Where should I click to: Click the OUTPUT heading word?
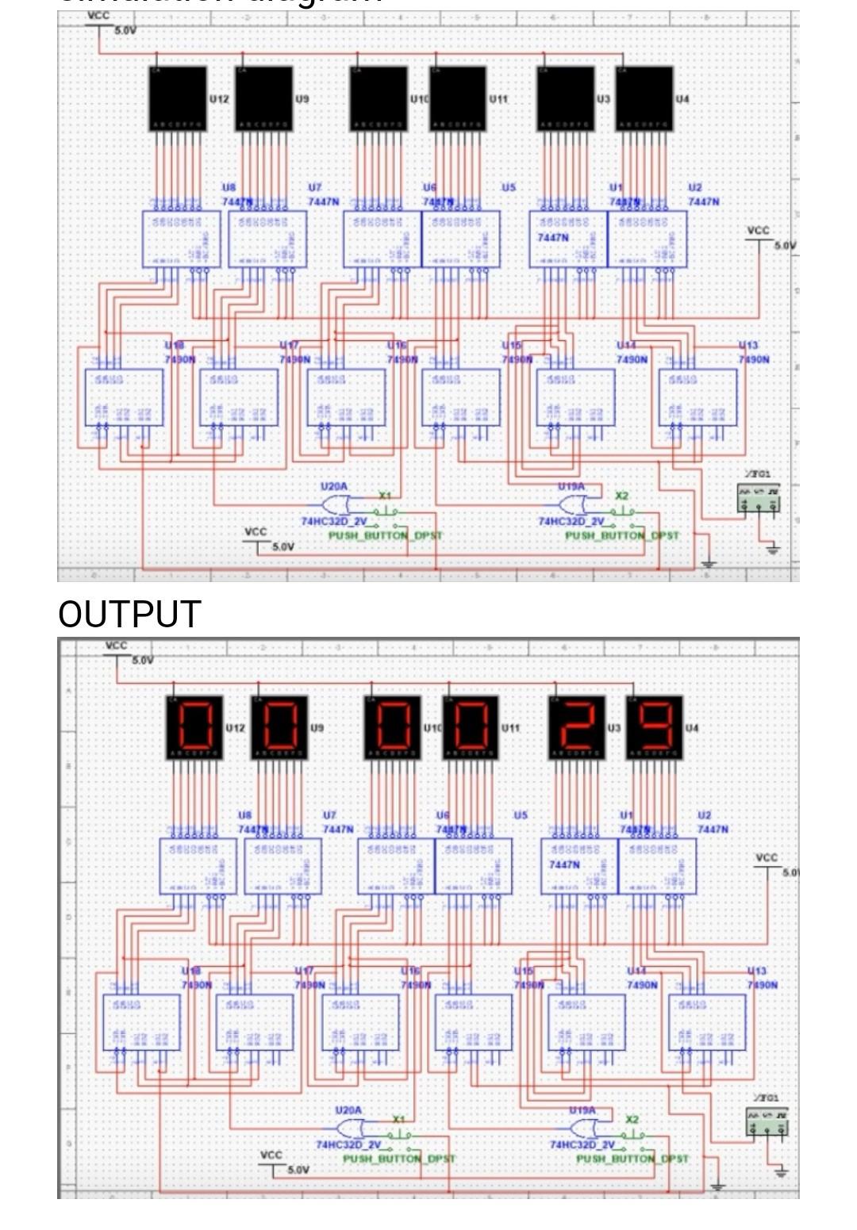click(129, 615)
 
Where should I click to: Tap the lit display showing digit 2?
click(578, 725)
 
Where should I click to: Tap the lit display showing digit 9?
click(655, 725)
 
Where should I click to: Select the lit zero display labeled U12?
click(194, 725)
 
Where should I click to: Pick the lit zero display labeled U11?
click(471, 725)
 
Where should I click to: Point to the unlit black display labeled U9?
click(263, 98)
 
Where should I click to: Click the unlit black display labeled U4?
click(644, 98)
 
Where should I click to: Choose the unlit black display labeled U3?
click(566, 98)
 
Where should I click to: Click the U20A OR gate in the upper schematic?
click(336, 504)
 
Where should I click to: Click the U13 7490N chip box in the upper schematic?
click(698, 397)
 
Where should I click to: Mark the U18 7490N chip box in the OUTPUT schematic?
click(141, 1022)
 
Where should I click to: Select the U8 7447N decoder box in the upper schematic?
click(182, 239)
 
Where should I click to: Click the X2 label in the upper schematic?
click(622, 496)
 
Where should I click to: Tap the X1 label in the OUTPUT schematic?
click(399, 1119)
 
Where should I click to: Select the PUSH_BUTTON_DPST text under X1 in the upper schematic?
click(386, 535)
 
